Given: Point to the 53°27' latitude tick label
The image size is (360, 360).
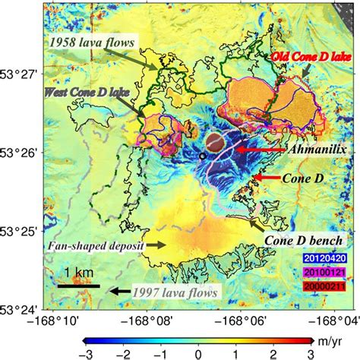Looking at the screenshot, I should tap(21, 75).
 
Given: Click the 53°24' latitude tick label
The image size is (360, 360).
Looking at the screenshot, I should tap(21, 310).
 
